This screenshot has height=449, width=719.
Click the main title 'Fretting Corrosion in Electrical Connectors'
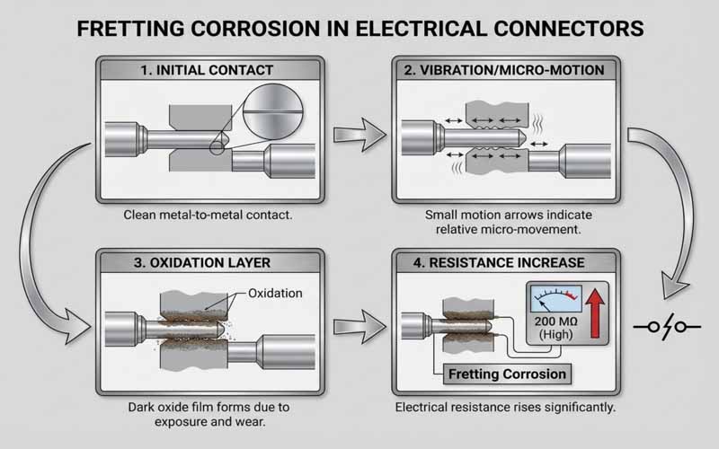click(359, 28)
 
